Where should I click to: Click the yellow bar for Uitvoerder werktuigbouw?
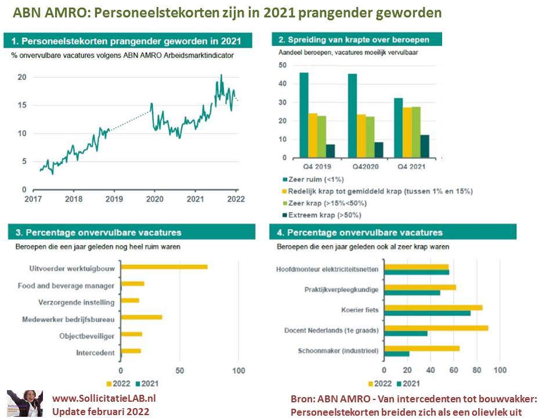click(164, 267)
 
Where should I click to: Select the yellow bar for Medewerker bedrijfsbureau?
click(141, 318)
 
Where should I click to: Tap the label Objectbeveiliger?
click(86, 336)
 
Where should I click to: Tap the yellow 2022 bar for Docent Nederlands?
click(436, 328)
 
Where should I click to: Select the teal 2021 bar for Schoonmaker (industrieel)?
click(397, 354)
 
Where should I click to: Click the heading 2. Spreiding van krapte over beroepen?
click(355, 40)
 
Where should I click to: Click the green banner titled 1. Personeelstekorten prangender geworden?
click(130, 41)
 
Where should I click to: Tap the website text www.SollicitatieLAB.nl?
click(104, 399)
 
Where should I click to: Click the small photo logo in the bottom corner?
click(24, 403)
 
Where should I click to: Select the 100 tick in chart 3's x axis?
click(238, 371)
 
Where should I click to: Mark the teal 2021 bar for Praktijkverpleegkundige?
click(413, 293)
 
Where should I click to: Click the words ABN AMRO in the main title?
click(41, 13)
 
